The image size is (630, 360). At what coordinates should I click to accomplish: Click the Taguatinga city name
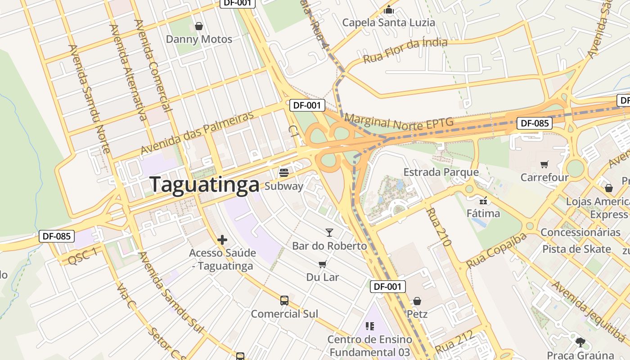pyautogui.click(x=205, y=184)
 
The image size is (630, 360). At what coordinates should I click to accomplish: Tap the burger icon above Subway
pyautogui.click(x=284, y=173)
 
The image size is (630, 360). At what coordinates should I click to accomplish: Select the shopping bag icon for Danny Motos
pyautogui.click(x=199, y=26)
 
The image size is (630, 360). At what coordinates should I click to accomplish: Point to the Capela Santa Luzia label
pyautogui.click(x=388, y=22)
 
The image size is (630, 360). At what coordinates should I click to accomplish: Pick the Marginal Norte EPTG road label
pyautogui.click(x=398, y=122)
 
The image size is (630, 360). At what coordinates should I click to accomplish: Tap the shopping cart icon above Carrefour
pyautogui.click(x=544, y=164)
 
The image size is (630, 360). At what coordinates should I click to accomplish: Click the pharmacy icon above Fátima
pyautogui.click(x=483, y=200)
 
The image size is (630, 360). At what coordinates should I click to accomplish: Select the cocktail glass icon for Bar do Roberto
pyautogui.click(x=329, y=233)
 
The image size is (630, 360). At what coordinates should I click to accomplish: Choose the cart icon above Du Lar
pyautogui.click(x=322, y=264)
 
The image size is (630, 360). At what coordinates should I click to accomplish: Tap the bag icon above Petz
pyautogui.click(x=417, y=301)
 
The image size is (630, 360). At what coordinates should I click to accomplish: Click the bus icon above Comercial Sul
pyautogui.click(x=284, y=301)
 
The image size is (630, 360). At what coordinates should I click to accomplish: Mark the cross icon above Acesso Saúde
pyautogui.click(x=222, y=240)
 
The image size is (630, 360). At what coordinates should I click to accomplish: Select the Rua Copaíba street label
pyautogui.click(x=496, y=250)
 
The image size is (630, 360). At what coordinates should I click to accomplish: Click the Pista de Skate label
pyautogui.click(x=576, y=249)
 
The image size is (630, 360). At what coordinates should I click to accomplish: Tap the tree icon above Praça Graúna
pyautogui.click(x=580, y=342)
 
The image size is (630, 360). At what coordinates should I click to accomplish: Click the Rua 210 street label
pyautogui.click(x=439, y=226)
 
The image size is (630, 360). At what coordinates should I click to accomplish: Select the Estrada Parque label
pyautogui.click(x=441, y=172)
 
